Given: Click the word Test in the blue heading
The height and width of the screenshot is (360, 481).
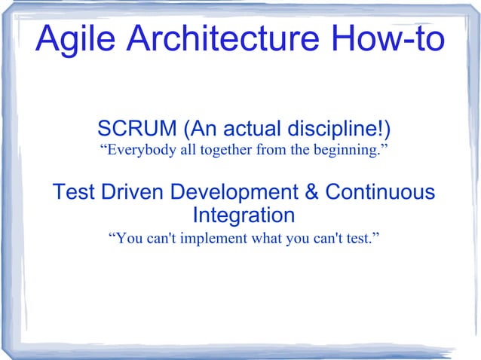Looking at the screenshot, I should (x=73, y=193).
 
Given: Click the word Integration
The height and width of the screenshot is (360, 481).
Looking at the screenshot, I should (x=244, y=216).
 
